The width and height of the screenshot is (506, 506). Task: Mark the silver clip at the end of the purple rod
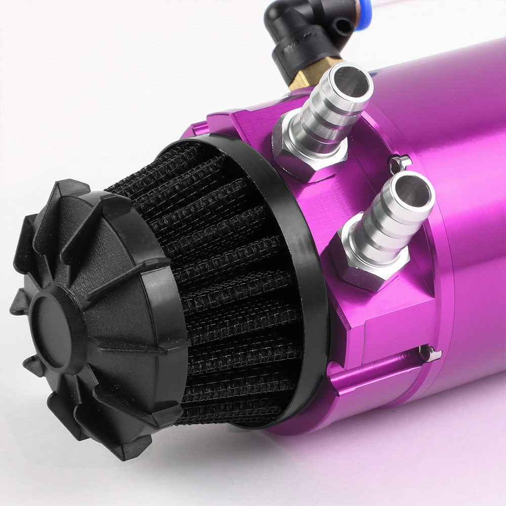click(x=430, y=353)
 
